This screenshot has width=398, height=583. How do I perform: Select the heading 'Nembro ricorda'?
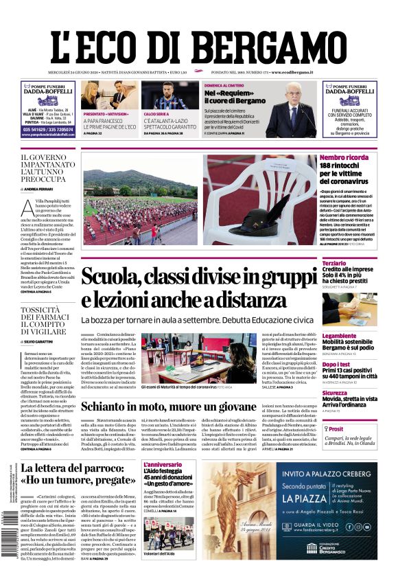pyautogui.click(x=344, y=157)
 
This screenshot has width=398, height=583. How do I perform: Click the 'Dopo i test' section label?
pyautogui.click(x=337, y=365)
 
